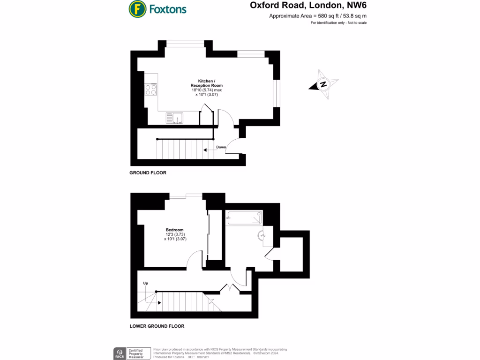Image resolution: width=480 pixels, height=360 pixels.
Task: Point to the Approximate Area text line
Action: tap(317, 16)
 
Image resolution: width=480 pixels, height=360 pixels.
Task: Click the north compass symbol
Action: tap(323, 85)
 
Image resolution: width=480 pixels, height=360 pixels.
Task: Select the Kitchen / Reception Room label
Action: tap(207, 83)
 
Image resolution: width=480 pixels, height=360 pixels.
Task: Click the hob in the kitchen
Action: tap(151, 89)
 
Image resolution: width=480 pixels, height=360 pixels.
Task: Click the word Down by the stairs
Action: tap(221, 147)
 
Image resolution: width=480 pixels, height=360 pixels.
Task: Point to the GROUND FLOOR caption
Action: tap(148, 172)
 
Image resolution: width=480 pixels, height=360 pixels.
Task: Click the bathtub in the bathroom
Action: tap(244, 217)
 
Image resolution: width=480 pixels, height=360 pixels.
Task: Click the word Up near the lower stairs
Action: tap(146, 283)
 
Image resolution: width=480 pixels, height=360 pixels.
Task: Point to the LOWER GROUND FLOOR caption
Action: tap(157, 326)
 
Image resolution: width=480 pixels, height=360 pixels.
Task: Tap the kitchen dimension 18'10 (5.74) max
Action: tap(207, 90)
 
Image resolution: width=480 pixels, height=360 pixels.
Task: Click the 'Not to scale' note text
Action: tap(357, 23)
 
